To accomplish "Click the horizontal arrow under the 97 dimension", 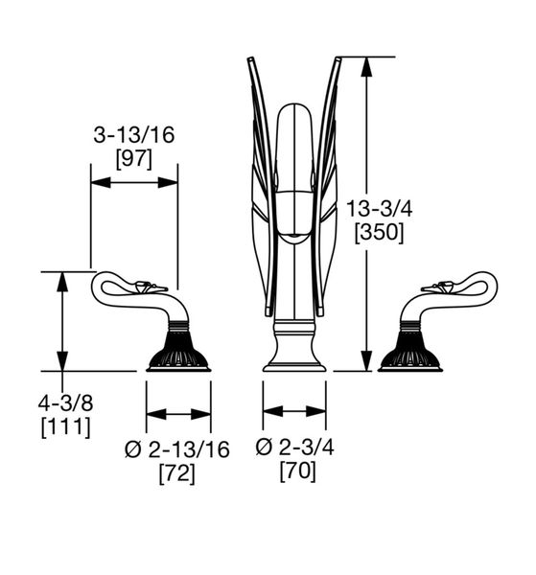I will (x=133, y=181).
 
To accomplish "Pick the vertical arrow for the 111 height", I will (x=62, y=321).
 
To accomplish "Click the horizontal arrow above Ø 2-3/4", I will (x=294, y=411).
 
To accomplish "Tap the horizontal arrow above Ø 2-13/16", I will (x=178, y=414).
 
